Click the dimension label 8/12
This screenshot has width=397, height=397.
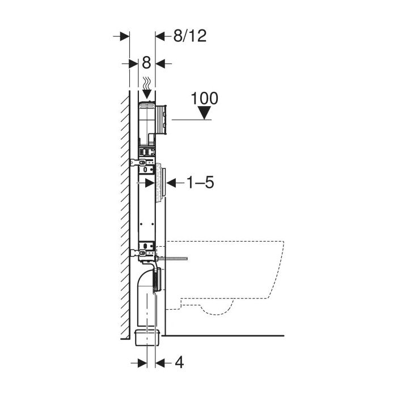point(190,36)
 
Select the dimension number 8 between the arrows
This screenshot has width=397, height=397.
point(146,62)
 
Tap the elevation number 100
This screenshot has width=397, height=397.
point(204,98)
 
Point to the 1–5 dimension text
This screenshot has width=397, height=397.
point(200,182)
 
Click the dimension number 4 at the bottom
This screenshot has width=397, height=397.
point(179,362)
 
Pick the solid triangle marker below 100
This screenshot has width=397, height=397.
point(204,113)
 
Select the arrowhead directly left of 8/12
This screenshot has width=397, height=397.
point(160,36)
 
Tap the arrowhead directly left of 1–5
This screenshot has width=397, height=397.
point(171,183)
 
